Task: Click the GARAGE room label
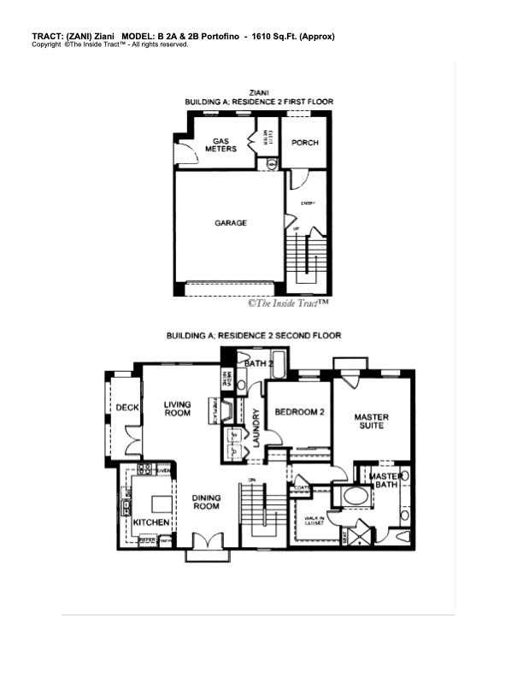click(x=230, y=223)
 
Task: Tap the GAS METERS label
click(x=226, y=144)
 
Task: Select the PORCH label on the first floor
click(x=305, y=143)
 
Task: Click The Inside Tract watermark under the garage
click(x=289, y=303)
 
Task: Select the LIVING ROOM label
click(x=178, y=409)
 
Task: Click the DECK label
click(x=127, y=408)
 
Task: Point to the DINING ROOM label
click(x=206, y=501)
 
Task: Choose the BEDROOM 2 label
click(x=299, y=413)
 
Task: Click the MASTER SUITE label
click(x=372, y=421)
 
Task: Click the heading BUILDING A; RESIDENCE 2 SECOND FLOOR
click(x=254, y=336)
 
